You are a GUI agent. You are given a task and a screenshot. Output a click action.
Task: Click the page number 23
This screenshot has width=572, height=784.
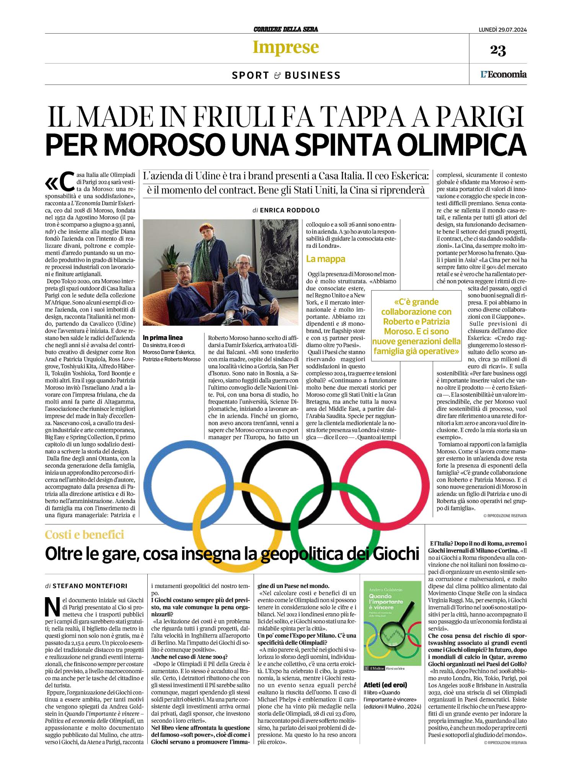498,50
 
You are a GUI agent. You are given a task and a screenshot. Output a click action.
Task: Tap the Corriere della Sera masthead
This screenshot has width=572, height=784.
285,29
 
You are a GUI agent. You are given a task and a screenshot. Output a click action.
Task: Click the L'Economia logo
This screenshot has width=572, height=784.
504,74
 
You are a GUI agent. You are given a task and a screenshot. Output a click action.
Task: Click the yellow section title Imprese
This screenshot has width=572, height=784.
285,47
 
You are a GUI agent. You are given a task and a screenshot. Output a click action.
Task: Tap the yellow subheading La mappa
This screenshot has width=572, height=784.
326,259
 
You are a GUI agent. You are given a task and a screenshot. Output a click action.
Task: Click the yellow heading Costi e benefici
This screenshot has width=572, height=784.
85,534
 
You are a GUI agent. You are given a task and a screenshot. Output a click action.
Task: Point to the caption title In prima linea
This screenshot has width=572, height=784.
163,338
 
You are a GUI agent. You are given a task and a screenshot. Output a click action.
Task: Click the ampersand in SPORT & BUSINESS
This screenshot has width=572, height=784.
277,75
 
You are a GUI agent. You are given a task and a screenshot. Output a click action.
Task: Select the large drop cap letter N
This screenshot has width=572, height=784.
52,604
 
